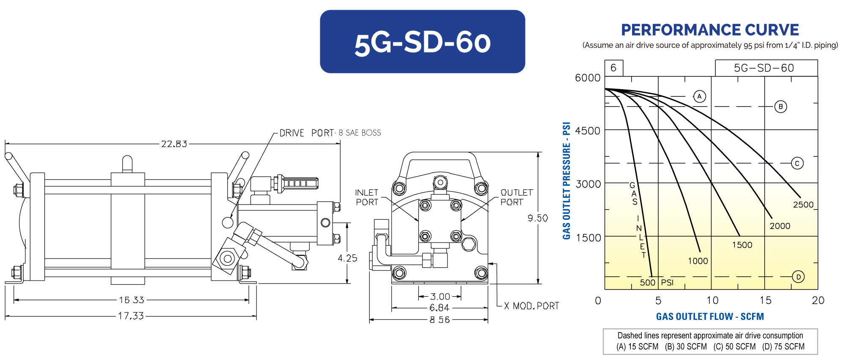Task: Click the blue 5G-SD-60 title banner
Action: [422, 42]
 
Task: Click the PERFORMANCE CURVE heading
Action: [710, 30]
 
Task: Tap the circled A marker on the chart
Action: [700, 96]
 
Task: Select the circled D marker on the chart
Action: [798, 277]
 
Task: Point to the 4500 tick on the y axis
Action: [588, 131]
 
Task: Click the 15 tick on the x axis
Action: [765, 300]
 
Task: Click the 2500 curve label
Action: [803, 205]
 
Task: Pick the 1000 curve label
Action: [698, 261]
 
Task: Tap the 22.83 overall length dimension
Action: [174, 144]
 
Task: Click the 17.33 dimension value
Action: [131, 316]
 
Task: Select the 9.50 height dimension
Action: [537, 218]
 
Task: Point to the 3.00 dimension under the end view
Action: [440, 297]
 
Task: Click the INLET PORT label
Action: [367, 197]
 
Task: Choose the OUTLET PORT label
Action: [516, 197]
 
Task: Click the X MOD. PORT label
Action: [532, 306]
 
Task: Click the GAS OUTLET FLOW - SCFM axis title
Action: [710, 316]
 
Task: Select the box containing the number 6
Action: [613, 68]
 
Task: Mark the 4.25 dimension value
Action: [347, 258]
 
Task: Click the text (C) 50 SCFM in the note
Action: [734, 347]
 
